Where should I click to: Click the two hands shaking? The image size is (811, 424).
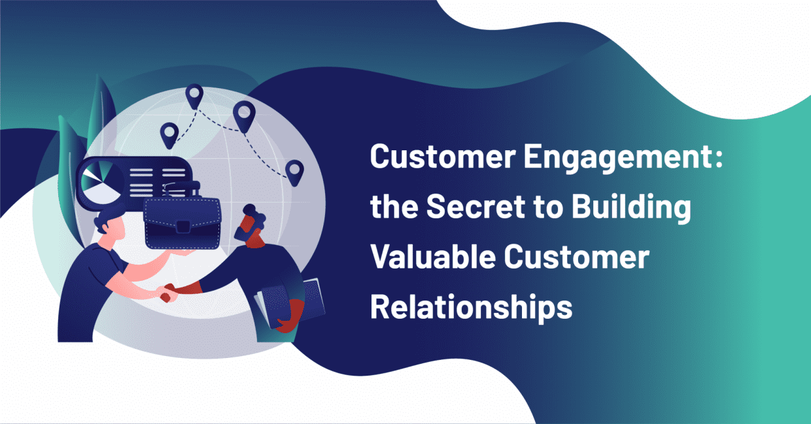(x=167, y=292)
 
